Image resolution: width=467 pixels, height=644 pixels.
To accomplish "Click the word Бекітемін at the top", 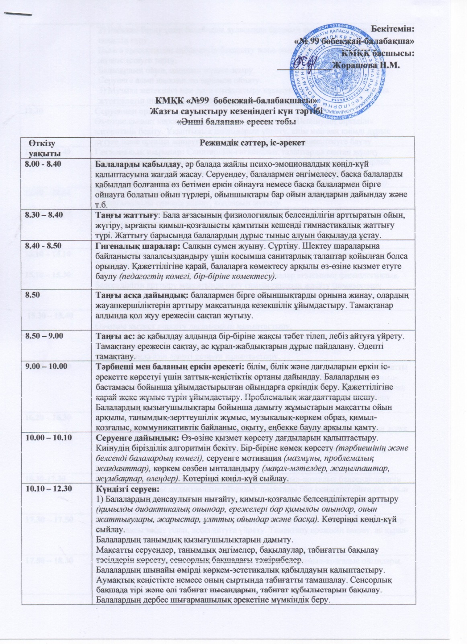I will [392, 29].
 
